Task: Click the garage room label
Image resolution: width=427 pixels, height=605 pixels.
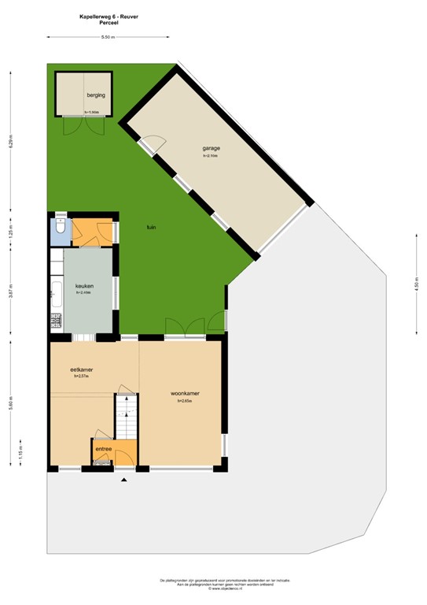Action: pos(211,149)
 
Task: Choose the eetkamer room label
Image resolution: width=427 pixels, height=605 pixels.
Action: pos(81,369)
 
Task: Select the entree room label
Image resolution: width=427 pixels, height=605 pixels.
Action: pos(103,449)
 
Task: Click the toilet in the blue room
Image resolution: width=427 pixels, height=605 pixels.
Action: pos(60,232)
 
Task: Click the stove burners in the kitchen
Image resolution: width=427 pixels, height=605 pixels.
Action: pos(56,320)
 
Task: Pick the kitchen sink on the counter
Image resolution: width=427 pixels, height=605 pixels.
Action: pos(56,292)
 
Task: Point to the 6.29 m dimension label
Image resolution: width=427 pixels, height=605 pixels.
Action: pos(11,144)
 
